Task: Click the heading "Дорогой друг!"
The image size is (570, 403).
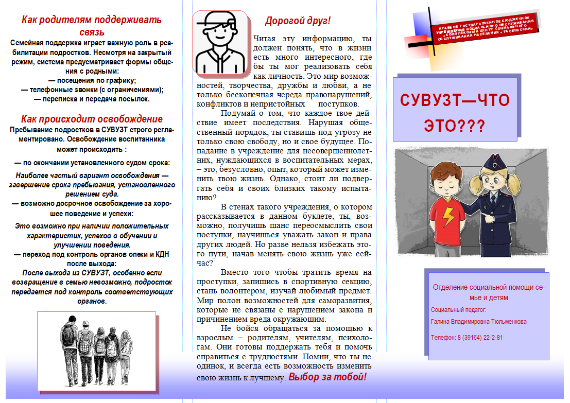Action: pos(297,21)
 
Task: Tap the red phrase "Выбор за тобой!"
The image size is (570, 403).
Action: pos(327,377)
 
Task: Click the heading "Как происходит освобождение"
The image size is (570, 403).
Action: pos(92,118)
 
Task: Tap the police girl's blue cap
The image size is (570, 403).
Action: pos(491,164)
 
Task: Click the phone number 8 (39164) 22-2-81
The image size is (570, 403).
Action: pos(467,338)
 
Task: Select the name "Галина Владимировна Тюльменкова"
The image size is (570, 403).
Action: pos(478,322)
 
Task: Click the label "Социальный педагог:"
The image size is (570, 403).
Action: pos(458,310)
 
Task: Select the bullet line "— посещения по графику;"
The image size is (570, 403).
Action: pos(92,80)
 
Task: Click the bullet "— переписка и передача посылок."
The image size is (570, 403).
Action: pos(92,99)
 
